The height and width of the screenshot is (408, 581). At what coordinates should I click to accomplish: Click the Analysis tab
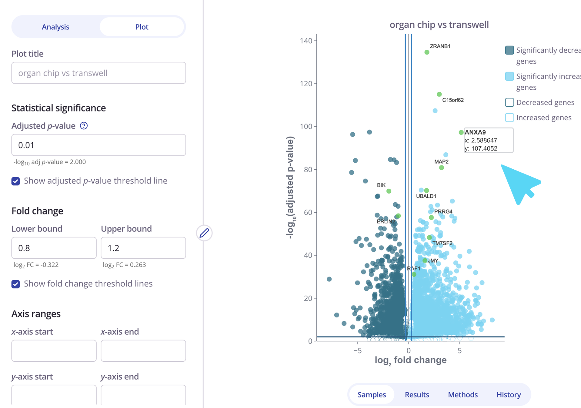55,27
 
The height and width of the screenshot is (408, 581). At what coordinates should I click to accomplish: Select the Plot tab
142,27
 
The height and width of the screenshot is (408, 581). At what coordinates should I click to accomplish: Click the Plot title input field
99,73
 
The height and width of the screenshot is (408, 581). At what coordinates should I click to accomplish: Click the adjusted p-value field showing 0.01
99,145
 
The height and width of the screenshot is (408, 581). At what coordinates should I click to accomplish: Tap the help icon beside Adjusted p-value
84,126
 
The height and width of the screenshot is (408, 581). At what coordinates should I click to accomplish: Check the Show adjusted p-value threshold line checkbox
16,181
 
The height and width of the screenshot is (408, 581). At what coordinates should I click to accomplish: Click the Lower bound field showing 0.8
54,248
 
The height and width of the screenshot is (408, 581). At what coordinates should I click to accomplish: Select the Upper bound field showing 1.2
143,248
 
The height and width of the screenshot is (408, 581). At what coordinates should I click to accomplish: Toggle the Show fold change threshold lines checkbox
16,284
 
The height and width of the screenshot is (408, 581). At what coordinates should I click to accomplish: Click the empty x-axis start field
54,351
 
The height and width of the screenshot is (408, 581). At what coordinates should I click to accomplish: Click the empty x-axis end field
143,351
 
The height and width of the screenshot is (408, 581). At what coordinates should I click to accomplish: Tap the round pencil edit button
204,233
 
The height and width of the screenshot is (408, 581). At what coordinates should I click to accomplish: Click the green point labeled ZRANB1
427,52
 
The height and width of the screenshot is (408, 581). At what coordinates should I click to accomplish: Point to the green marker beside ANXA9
461,132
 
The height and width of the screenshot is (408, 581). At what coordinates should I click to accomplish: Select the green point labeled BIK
389,191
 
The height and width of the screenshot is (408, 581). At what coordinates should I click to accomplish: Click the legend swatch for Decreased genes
509,102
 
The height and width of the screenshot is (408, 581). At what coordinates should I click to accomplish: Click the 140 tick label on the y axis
306,41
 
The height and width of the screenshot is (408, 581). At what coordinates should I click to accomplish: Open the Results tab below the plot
417,395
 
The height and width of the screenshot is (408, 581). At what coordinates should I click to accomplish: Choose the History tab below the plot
509,395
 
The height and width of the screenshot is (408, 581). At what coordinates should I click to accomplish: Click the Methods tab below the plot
463,395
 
